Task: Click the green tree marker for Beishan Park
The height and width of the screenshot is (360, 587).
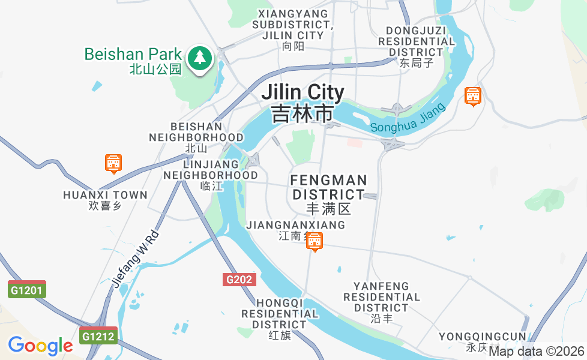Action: coord(199,59)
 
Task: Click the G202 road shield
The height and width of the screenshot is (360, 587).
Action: coord(240,280)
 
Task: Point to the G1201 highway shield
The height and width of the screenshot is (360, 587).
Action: coord(27,290)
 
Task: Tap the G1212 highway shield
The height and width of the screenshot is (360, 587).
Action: coord(98,337)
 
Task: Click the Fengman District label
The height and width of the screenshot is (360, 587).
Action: coord(328,194)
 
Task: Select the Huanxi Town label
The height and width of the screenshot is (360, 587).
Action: coord(105,199)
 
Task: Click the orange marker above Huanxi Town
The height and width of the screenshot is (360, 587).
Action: coord(113,163)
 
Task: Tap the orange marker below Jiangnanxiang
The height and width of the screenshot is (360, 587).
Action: coord(314,242)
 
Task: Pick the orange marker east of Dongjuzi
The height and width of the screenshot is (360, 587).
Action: coord(473,96)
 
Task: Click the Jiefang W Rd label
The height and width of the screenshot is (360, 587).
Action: coord(134,259)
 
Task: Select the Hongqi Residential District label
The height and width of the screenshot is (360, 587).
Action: coord(280,319)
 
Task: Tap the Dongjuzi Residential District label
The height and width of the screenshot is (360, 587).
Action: coord(417,46)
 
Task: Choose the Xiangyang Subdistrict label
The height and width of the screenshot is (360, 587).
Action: coord(292,29)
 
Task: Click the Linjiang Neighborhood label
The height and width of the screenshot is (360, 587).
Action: coord(211,175)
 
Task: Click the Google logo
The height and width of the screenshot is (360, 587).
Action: coord(40,346)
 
